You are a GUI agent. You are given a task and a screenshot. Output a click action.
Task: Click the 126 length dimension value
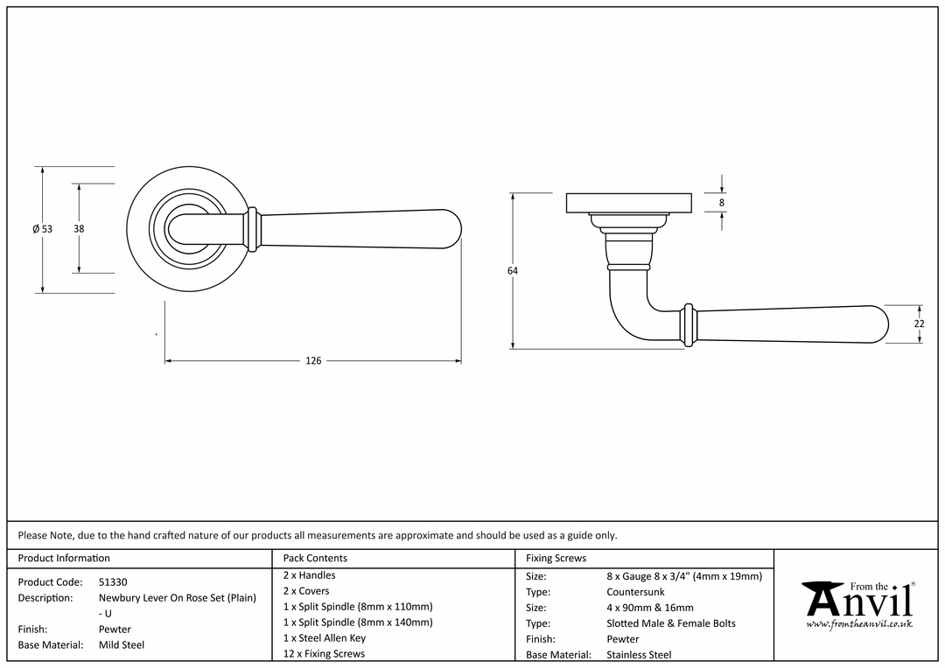click(313, 361)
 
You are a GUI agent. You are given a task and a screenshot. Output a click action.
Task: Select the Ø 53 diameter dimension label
click(42, 229)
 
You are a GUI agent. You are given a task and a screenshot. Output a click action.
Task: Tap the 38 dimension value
click(79, 229)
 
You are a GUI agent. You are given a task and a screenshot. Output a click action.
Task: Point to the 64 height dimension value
click(512, 271)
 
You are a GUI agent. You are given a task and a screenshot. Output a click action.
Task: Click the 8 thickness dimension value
click(721, 203)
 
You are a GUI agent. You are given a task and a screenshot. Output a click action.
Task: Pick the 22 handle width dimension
click(919, 324)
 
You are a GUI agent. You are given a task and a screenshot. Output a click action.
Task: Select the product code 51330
click(113, 581)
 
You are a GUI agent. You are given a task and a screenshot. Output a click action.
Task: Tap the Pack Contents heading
click(315, 559)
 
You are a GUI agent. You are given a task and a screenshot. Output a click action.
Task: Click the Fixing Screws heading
click(556, 559)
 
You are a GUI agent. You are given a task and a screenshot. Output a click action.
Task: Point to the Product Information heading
click(64, 559)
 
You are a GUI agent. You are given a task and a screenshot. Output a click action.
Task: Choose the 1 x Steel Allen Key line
click(325, 638)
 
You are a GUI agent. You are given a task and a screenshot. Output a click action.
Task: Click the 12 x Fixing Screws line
click(324, 653)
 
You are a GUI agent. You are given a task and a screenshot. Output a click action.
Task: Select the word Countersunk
click(635, 592)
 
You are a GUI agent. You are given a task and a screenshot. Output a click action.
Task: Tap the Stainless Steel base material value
click(639, 655)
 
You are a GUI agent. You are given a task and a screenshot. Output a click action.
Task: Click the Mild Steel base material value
click(121, 645)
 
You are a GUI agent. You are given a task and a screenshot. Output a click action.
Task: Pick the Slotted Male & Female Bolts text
click(671, 623)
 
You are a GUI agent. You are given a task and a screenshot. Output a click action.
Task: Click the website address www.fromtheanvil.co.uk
click(859, 624)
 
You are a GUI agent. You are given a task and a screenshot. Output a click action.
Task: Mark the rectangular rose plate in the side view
click(628, 203)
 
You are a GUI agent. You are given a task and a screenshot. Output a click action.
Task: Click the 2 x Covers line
click(306, 591)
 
